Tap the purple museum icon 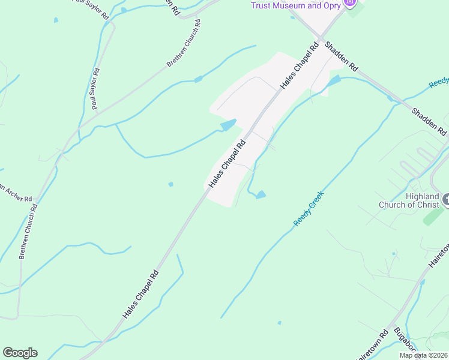point(351,3)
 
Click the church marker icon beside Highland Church point(445,199)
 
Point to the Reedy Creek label point(309,208)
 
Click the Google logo point(20,353)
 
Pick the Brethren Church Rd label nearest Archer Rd point(29,232)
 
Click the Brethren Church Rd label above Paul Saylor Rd point(184,43)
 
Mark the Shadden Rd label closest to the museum point(341,56)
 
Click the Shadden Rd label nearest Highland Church point(430,121)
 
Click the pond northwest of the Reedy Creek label point(261,194)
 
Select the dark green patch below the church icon point(433,217)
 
